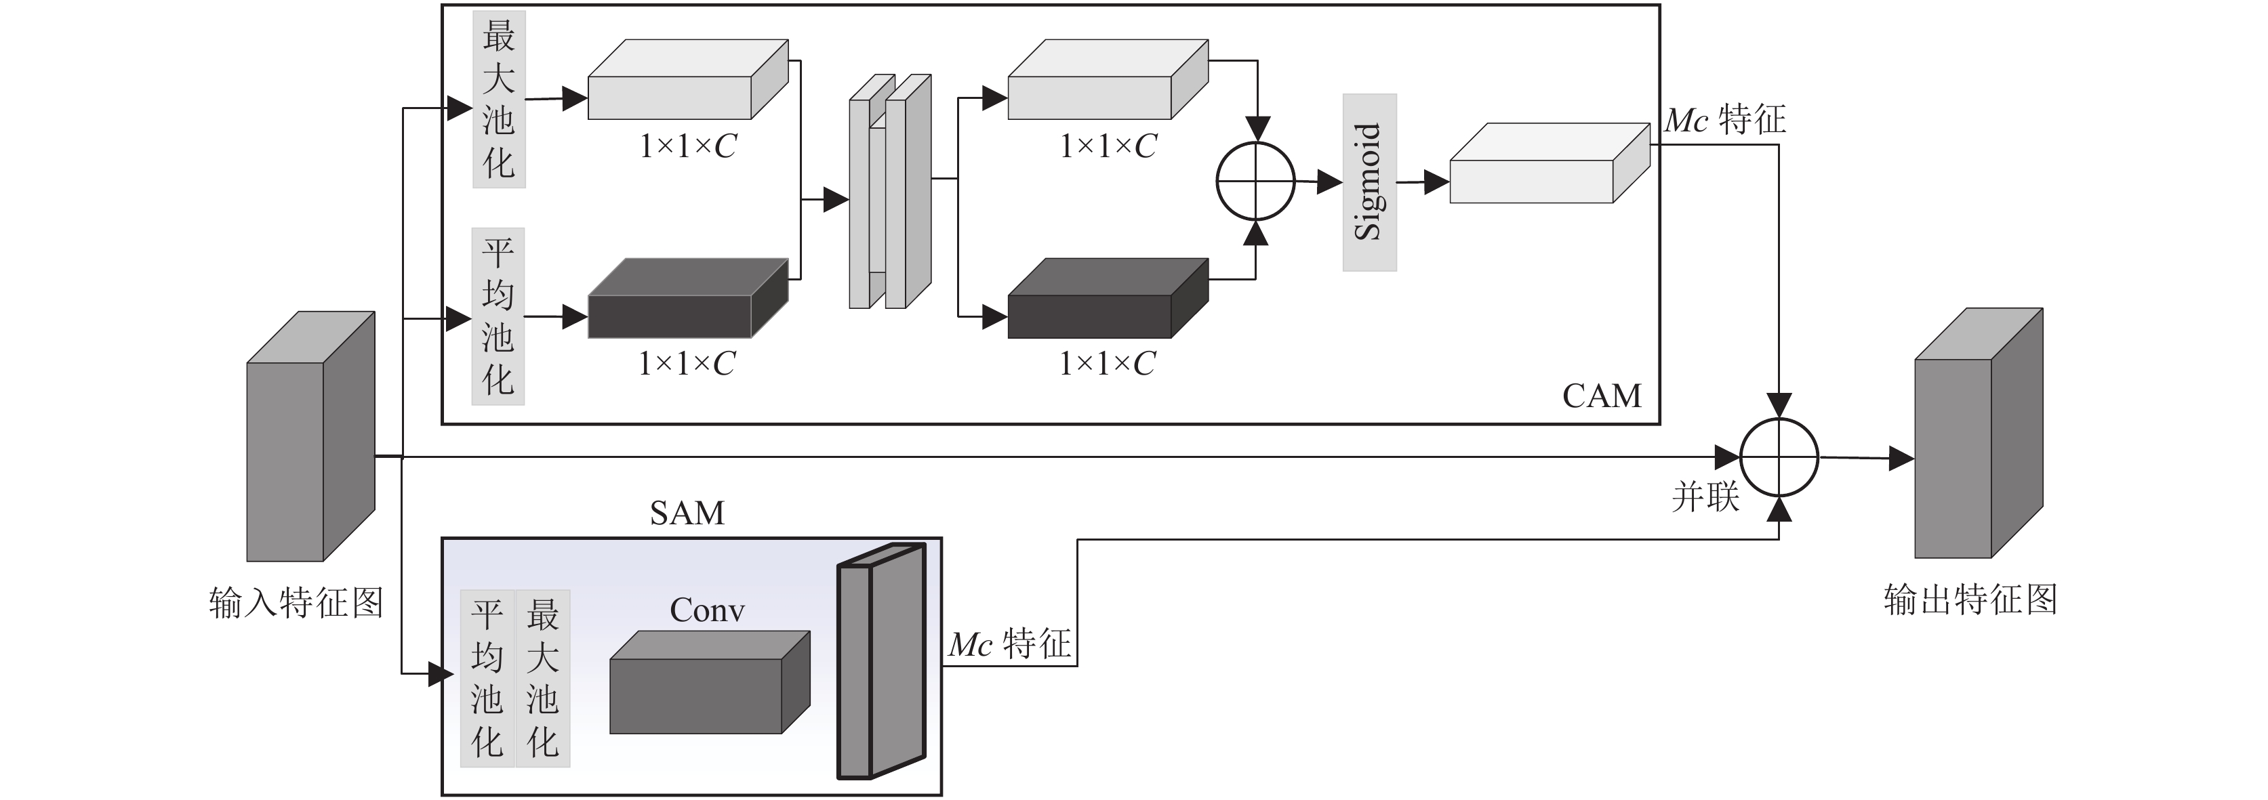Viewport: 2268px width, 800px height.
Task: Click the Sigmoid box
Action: point(1369,182)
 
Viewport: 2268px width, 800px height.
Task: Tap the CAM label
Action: point(1602,396)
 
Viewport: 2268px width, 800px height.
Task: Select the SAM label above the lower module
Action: point(687,512)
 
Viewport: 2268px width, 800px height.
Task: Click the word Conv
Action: point(707,610)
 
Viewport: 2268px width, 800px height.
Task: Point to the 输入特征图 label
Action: point(296,603)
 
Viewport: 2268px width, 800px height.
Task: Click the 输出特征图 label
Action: point(1970,600)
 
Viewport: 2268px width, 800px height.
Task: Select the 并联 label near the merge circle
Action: point(1705,497)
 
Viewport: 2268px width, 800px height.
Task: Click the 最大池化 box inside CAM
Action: point(499,100)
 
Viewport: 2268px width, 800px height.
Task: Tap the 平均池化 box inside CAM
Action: point(498,317)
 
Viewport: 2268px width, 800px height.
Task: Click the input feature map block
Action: point(311,436)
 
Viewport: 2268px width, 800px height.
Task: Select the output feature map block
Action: point(1979,433)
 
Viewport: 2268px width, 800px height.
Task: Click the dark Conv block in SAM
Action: point(710,682)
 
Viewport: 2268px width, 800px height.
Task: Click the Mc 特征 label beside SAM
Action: point(1010,644)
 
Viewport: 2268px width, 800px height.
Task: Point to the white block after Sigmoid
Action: point(1550,163)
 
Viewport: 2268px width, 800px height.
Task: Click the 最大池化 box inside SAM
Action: point(543,679)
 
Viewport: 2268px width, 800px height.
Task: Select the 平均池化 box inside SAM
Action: point(487,679)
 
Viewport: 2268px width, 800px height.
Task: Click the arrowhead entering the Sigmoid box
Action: point(1331,183)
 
